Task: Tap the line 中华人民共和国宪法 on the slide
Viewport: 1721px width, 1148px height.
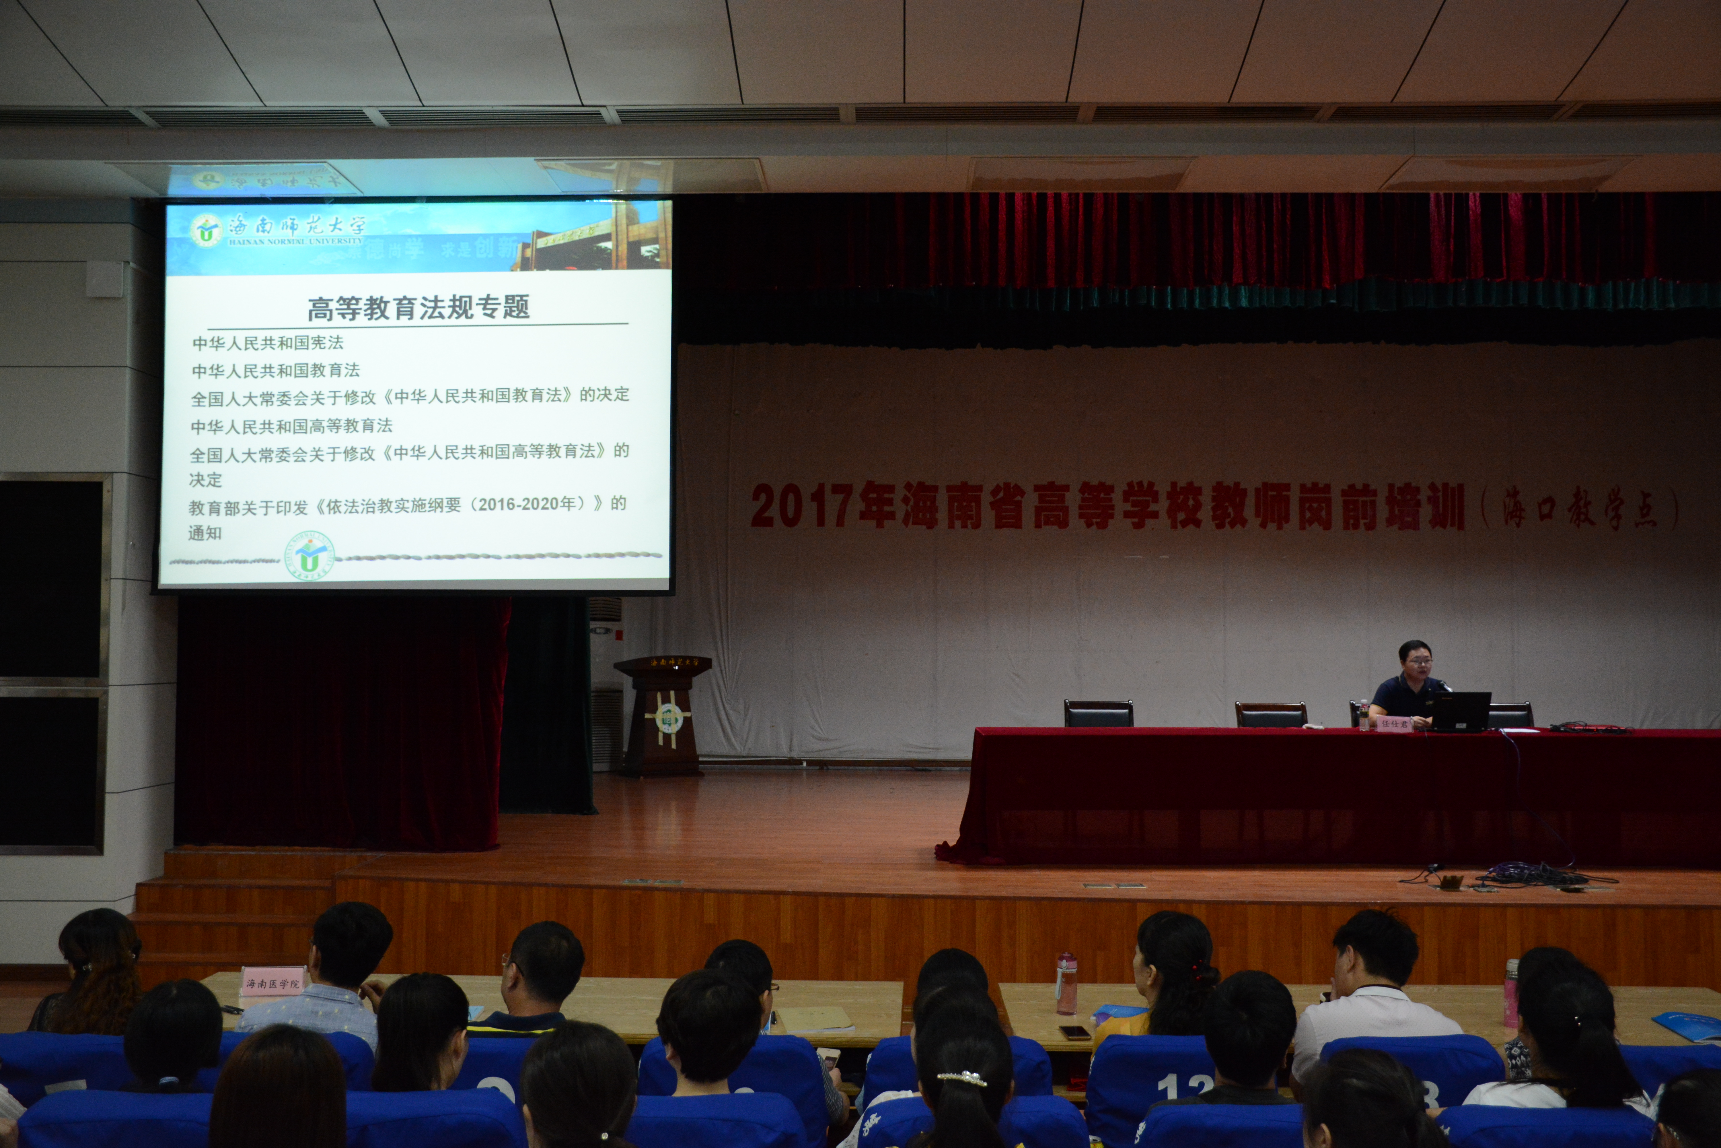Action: pos(268,343)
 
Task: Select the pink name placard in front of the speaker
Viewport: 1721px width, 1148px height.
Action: pos(1395,724)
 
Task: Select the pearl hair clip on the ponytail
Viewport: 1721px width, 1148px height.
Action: pos(961,1077)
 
